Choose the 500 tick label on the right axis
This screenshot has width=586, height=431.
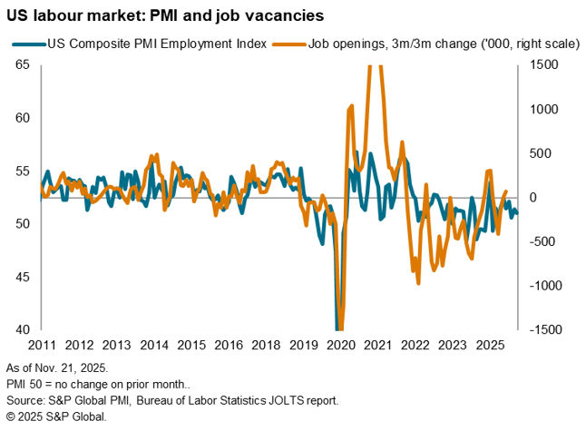tap(542, 153)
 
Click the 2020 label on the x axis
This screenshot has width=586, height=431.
tap(339, 345)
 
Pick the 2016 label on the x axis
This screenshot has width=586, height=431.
tap(209, 345)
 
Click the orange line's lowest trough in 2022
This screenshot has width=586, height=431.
tap(418, 283)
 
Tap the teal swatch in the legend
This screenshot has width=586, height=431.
tap(28, 42)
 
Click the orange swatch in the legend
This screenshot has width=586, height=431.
tap(291, 42)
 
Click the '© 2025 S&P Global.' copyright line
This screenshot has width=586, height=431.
tap(56, 416)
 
